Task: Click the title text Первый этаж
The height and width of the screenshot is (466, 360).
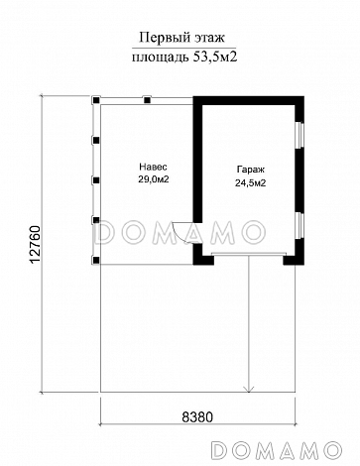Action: point(181,38)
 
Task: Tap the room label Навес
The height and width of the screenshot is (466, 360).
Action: point(153,167)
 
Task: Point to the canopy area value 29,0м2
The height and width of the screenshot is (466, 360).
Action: point(154,179)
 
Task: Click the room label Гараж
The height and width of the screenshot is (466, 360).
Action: point(251,170)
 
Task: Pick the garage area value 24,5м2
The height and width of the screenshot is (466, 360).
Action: point(251,183)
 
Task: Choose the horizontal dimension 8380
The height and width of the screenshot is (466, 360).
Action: point(197,417)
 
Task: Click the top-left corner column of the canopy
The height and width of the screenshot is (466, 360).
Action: point(96,100)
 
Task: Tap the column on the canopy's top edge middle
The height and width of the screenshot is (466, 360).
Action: point(147,100)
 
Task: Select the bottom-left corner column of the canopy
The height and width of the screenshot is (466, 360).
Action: point(96,260)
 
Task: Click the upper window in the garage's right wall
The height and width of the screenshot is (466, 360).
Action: point(300,135)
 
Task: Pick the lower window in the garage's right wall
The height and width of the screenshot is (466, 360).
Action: point(300,225)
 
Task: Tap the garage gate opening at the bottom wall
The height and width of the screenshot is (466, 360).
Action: point(248,254)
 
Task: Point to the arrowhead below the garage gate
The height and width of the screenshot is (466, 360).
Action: point(249,390)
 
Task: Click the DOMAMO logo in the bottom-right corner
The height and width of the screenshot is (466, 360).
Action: point(276,449)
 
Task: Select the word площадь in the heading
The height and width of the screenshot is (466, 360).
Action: point(161,58)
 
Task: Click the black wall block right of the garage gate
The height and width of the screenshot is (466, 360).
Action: point(294,260)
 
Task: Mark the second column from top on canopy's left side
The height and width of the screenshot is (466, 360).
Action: point(96,141)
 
